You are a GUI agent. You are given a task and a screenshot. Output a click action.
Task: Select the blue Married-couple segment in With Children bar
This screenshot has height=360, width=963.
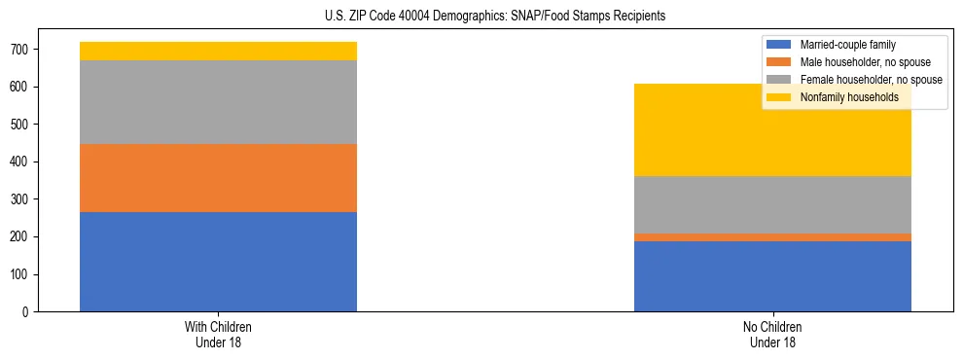(218, 262)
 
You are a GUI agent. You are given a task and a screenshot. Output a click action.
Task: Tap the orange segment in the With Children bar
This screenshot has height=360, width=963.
(218, 178)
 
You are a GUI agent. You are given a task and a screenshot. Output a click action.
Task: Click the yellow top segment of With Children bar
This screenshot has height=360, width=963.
(218, 51)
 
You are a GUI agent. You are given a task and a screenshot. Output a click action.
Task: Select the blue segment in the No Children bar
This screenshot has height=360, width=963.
(772, 276)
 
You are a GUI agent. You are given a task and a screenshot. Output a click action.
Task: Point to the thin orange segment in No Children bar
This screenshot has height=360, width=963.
(772, 237)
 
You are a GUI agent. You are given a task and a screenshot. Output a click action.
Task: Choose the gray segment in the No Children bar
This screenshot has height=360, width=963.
(772, 204)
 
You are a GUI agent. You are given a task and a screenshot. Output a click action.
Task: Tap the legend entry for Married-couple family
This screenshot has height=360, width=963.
(847, 45)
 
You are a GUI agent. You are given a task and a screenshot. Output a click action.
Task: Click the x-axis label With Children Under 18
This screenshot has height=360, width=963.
(218, 335)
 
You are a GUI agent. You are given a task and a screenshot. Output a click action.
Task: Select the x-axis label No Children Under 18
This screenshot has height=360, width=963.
(772, 335)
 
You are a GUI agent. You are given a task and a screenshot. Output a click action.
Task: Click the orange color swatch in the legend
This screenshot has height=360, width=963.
(779, 62)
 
